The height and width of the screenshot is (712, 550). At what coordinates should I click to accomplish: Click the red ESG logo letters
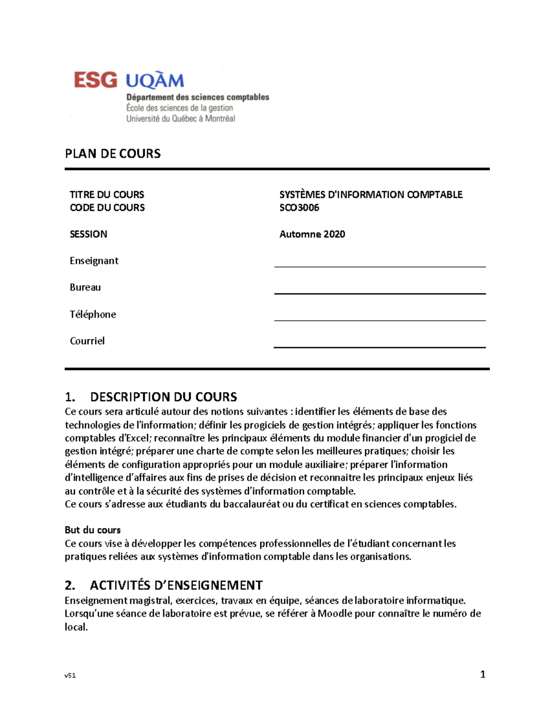pos(95,80)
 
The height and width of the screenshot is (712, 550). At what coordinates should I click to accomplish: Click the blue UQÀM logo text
pos(155,81)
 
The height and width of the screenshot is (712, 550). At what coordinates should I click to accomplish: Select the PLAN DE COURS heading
pos(113,154)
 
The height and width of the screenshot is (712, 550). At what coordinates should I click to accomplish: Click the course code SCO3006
pos(299,208)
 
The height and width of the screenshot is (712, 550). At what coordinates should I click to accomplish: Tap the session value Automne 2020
pos(312,234)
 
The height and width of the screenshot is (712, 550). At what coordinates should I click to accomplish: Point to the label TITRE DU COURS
pos(107,194)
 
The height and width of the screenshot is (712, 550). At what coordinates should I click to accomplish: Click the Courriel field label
pos(87,341)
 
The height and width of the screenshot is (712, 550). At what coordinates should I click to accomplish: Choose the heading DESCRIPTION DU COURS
pos(164,397)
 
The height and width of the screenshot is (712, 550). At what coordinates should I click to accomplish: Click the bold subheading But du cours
pos(93,530)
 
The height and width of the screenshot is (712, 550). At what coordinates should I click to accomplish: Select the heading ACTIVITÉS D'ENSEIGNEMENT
pos(176,585)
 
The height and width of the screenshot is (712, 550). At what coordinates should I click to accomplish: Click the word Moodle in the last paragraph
pos(335,614)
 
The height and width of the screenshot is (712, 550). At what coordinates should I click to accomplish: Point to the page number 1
pos(483,674)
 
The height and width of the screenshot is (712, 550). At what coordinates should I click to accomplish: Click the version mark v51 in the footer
pos(70,675)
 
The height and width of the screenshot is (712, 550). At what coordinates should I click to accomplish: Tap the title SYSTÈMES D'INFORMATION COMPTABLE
pos(371,194)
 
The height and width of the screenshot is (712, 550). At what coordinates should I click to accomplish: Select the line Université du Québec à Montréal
pos(181,119)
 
